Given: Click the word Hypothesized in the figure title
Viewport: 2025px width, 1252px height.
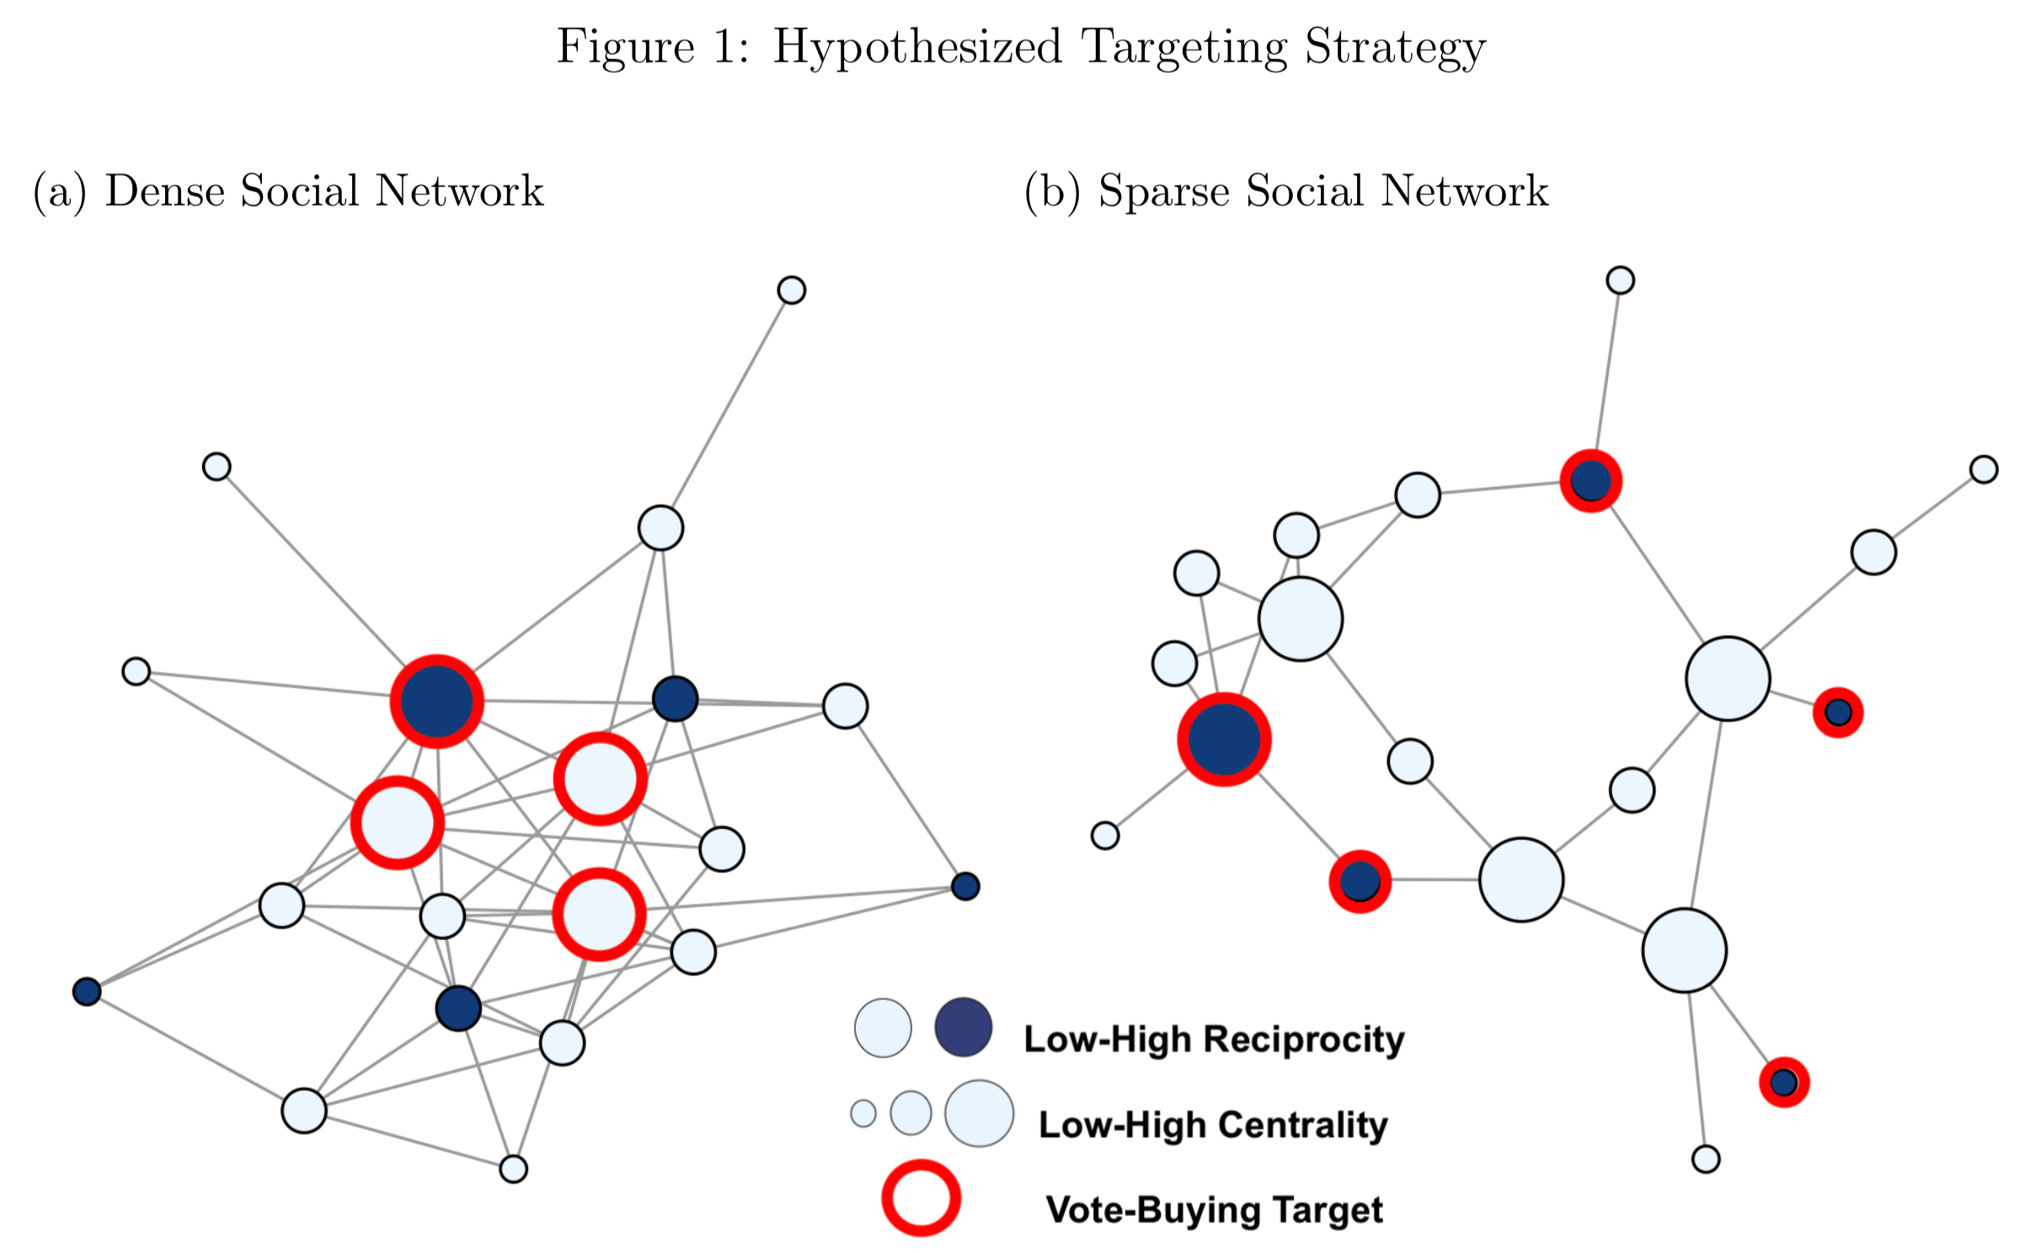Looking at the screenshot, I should tap(916, 47).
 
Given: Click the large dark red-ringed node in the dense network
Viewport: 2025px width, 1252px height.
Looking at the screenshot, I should tap(436, 701).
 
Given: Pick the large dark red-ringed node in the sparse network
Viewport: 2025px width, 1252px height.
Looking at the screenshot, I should tap(1223, 740).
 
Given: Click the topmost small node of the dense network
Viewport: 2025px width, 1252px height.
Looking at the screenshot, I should tap(791, 290).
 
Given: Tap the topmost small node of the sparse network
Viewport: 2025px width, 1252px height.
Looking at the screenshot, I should tap(1620, 280).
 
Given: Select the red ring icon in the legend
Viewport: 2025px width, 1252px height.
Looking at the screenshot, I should tap(921, 1198).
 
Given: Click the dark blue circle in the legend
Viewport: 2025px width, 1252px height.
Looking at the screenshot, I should tap(963, 1027).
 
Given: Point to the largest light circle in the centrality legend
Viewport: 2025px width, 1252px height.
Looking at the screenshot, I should tap(979, 1113).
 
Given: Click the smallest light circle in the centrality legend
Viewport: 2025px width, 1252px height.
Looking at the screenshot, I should tap(863, 1113).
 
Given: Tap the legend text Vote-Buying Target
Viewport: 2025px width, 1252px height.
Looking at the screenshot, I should tap(1213, 1210).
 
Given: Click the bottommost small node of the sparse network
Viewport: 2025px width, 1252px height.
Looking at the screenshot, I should tap(1705, 1158).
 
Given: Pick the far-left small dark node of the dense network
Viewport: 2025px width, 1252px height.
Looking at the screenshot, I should tap(87, 992).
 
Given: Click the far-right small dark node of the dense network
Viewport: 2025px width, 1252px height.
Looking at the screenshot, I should tap(964, 886).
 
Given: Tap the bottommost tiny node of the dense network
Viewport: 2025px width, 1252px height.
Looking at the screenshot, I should tap(513, 1169).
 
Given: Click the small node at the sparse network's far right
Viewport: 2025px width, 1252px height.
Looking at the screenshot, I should tap(1983, 469).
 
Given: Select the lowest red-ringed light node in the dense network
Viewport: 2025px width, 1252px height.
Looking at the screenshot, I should tap(599, 914).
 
